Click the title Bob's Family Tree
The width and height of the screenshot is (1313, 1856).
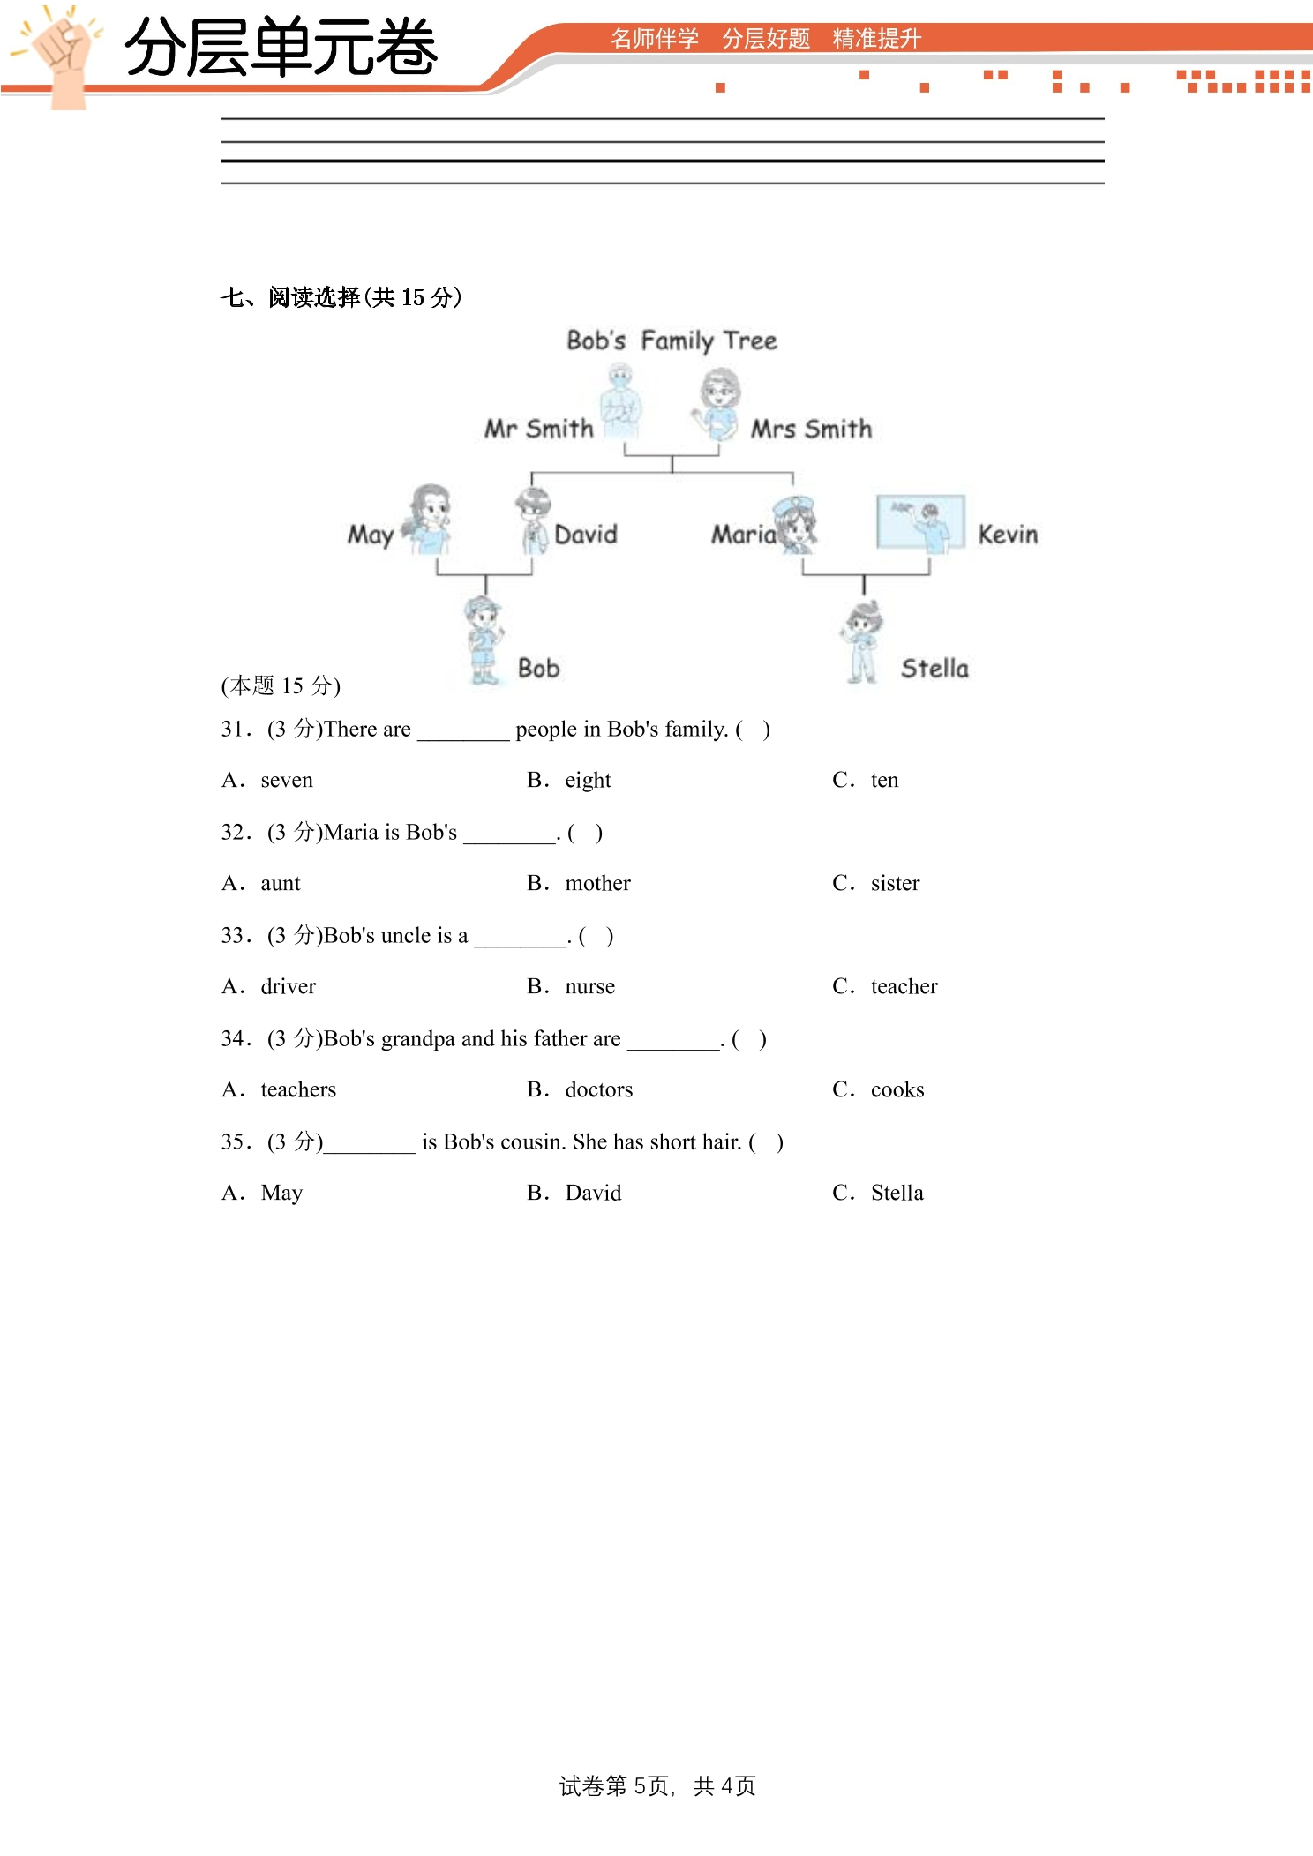coord(672,341)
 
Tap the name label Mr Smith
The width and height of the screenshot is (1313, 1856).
coord(539,429)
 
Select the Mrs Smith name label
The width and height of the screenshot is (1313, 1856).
coord(811,429)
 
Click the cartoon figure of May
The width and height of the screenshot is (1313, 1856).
coord(429,520)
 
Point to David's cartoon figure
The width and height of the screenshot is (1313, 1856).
coord(533,520)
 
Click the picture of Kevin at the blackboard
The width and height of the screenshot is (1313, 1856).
coord(920,523)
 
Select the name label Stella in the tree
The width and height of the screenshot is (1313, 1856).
coord(934,669)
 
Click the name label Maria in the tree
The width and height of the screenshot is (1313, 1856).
coord(744,535)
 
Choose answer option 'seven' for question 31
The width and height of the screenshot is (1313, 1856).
coord(287,780)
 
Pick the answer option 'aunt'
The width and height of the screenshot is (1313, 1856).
coord(281,883)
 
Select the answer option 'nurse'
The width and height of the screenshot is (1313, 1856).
coord(590,986)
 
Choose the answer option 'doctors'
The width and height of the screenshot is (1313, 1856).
coord(599,1089)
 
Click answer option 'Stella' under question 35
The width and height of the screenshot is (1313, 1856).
coord(897,1193)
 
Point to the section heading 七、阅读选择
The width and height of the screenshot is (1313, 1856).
coord(290,297)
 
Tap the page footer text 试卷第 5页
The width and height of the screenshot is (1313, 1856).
coord(614,1786)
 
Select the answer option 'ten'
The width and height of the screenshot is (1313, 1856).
coord(885,780)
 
